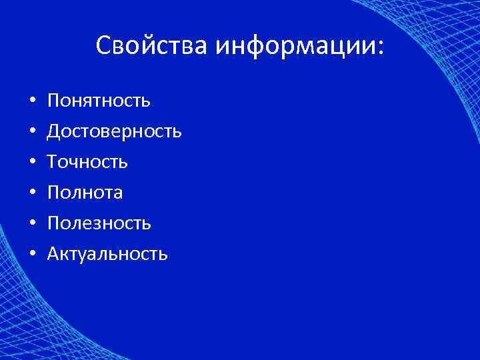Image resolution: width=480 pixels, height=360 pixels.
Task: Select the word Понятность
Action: point(99,101)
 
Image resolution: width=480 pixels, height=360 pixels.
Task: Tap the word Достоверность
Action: point(114,131)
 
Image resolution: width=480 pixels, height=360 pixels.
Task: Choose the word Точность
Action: point(87,162)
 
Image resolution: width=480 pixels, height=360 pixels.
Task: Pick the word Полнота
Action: point(85,193)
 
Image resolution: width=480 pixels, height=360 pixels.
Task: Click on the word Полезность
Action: point(99,223)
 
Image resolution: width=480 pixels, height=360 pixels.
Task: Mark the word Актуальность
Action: point(107,254)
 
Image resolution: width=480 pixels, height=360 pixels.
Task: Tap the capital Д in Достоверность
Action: point(53,131)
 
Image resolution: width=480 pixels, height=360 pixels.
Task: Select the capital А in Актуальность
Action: point(53,254)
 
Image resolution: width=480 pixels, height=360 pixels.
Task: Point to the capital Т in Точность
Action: point(52,162)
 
